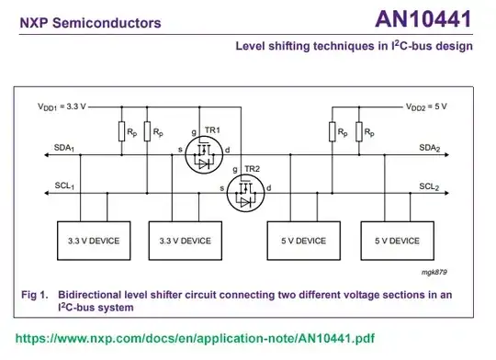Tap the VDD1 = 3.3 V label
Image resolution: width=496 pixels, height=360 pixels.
pyautogui.click(x=62, y=107)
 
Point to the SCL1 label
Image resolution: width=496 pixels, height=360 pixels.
pyautogui.click(x=62, y=186)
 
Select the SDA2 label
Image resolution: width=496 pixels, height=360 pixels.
pyautogui.click(x=430, y=148)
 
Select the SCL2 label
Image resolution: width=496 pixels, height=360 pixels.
pyautogui.click(x=430, y=186)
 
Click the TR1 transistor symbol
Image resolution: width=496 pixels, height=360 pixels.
pyautogui.click(x=202, y=155)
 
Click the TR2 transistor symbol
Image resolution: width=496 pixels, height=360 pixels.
pyautogui.click(x=245, y=194)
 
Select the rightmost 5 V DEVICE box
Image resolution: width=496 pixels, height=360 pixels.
pyautogui.click(x=397, y=241)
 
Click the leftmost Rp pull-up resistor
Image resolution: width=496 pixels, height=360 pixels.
pyautogui.click(x=120, y=132)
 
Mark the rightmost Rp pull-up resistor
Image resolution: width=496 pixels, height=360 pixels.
pyautogui.click(x=356, y=132)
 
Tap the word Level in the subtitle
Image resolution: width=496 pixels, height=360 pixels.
pyautogui.click(x=254, y=46)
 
